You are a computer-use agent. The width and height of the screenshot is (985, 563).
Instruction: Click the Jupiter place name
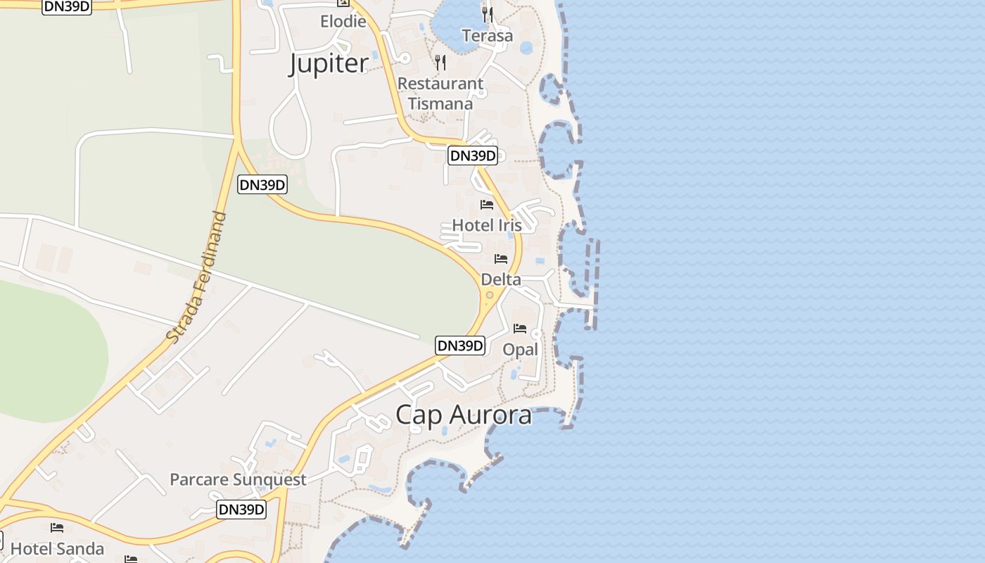click(x=329, y=64)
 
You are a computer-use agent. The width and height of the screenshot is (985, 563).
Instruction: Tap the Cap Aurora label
click(x=464, y=415)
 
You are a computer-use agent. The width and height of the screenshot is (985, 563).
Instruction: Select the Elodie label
click(x=343, y=21)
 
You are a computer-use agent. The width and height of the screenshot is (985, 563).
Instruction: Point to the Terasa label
click(x=488, y=36)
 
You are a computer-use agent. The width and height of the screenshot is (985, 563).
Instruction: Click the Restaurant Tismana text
click(x=440, y=94)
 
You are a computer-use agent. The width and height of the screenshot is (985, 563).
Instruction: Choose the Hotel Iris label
click(x=487, y=225)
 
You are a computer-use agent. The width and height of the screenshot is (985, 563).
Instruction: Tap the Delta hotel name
click(x=501, y=279)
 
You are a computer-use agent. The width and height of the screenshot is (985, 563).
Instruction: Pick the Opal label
click(x=520, y=349)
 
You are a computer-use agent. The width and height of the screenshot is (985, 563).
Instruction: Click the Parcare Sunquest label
click(x=238, y=480)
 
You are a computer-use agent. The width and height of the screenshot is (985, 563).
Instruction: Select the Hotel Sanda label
click(x=57, y=548)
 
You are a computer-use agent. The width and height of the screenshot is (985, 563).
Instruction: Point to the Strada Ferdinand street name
click(x=197, y=277)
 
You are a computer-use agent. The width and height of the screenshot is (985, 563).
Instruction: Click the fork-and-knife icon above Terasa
click(x=487, y=14)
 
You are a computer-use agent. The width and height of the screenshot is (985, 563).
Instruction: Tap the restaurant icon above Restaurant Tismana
click(x=440, y=63)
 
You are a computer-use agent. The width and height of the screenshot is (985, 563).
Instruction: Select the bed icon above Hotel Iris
click(x=487, y=205)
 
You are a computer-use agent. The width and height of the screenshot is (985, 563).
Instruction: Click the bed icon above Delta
click(x=501, y=259)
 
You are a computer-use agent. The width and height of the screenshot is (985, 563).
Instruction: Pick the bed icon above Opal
click(x=520, y=329)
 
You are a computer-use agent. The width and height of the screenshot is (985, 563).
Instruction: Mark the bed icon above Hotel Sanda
click(x=57, y=527)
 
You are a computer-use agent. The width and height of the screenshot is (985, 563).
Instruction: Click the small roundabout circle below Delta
click(x=490, y=295)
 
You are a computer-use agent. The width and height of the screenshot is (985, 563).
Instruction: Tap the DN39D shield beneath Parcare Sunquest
click(x=241, y=510)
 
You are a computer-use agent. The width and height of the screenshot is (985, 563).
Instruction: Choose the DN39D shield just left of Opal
click(x=461, y=346)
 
